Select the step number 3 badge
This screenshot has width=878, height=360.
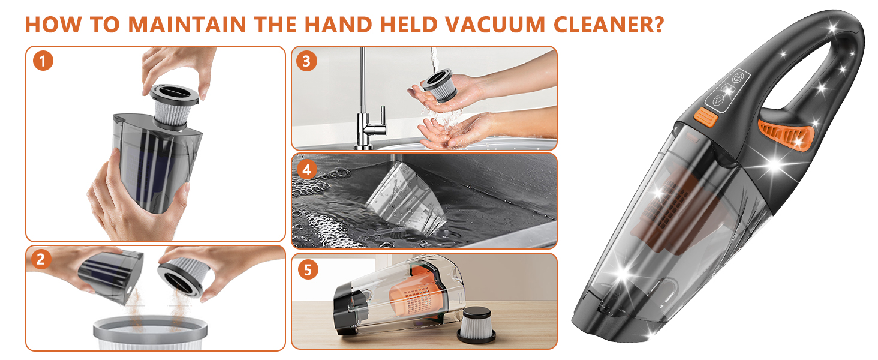(x=307, y=61)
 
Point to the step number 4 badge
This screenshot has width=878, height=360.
(x=307, y=169)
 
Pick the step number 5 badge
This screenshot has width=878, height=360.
(x=307, y=269)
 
